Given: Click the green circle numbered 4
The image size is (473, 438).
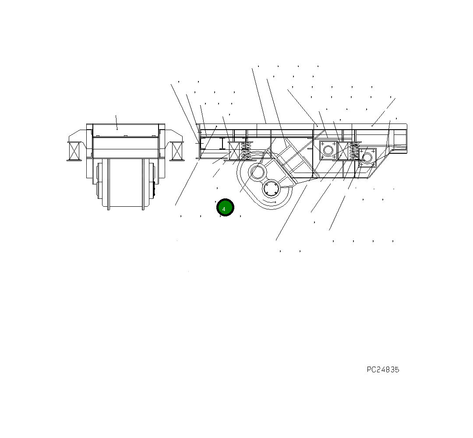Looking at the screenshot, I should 225,208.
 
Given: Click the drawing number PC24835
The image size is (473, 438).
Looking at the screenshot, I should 383,369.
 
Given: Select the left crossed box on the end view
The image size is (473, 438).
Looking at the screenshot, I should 75,151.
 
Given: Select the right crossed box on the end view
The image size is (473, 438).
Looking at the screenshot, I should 177,151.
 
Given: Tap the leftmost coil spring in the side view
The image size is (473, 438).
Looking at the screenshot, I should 246,151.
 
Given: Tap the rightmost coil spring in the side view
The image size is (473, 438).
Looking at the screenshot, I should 354,151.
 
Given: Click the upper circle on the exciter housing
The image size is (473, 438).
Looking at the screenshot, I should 257,172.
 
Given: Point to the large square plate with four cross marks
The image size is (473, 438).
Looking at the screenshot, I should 328,150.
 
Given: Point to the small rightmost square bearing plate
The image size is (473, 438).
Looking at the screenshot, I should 367,158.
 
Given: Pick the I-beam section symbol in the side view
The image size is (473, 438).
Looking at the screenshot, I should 223,144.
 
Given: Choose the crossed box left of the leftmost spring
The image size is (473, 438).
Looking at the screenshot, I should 234,151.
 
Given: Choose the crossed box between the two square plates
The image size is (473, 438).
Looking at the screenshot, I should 343,150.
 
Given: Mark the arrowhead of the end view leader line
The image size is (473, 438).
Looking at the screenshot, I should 117,129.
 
